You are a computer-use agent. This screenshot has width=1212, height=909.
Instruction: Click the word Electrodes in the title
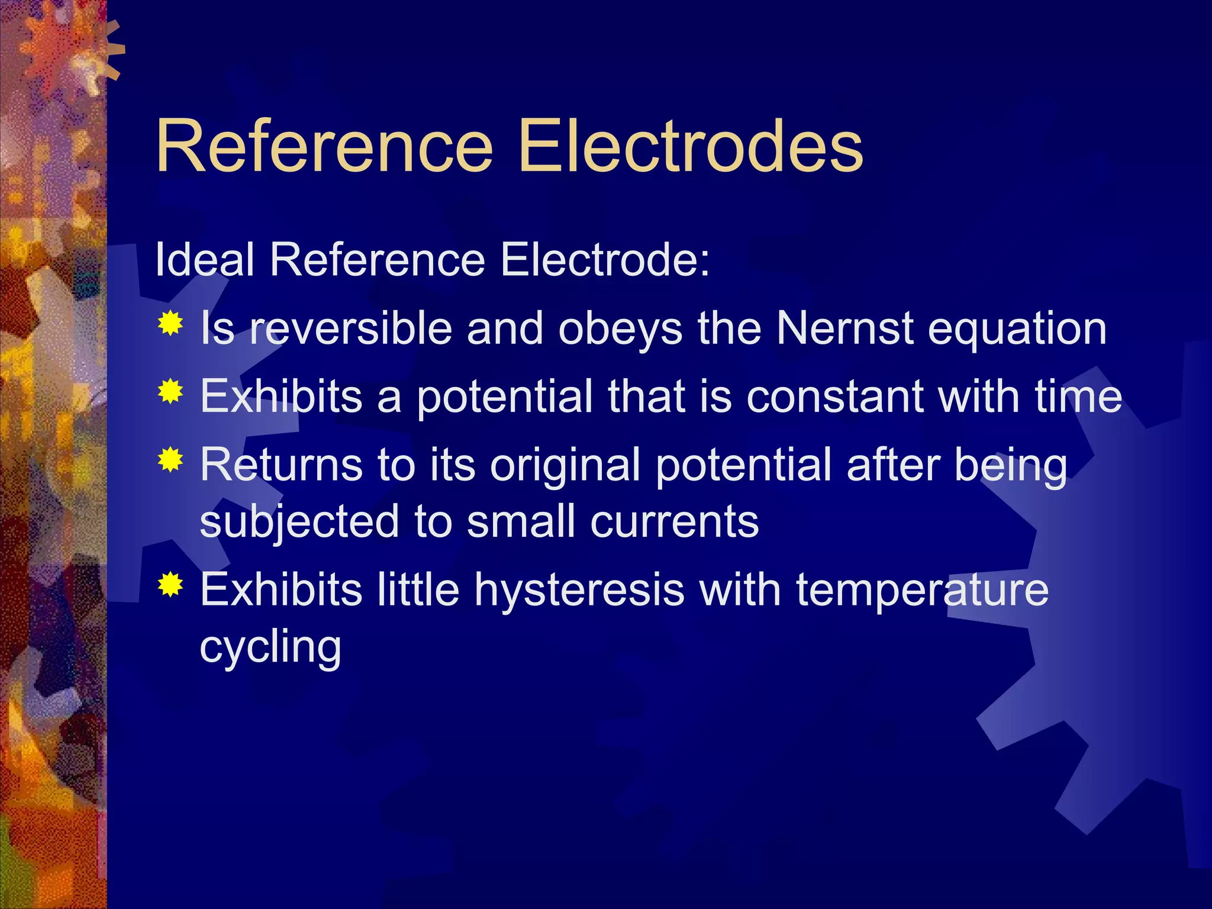pos(690,146)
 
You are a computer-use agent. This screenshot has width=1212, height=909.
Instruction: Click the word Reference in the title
pos(324,146)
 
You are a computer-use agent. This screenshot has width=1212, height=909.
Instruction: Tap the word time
pos(1078,397)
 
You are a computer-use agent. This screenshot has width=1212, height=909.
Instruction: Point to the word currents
pos(675,522)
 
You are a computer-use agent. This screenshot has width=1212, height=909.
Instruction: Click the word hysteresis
pos(579,591)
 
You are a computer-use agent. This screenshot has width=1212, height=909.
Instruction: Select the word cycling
pos(270,649)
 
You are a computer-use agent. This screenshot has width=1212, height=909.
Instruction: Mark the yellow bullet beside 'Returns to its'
pos(170,460)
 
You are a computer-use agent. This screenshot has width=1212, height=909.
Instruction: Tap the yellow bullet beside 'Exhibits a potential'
pos(170,391)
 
